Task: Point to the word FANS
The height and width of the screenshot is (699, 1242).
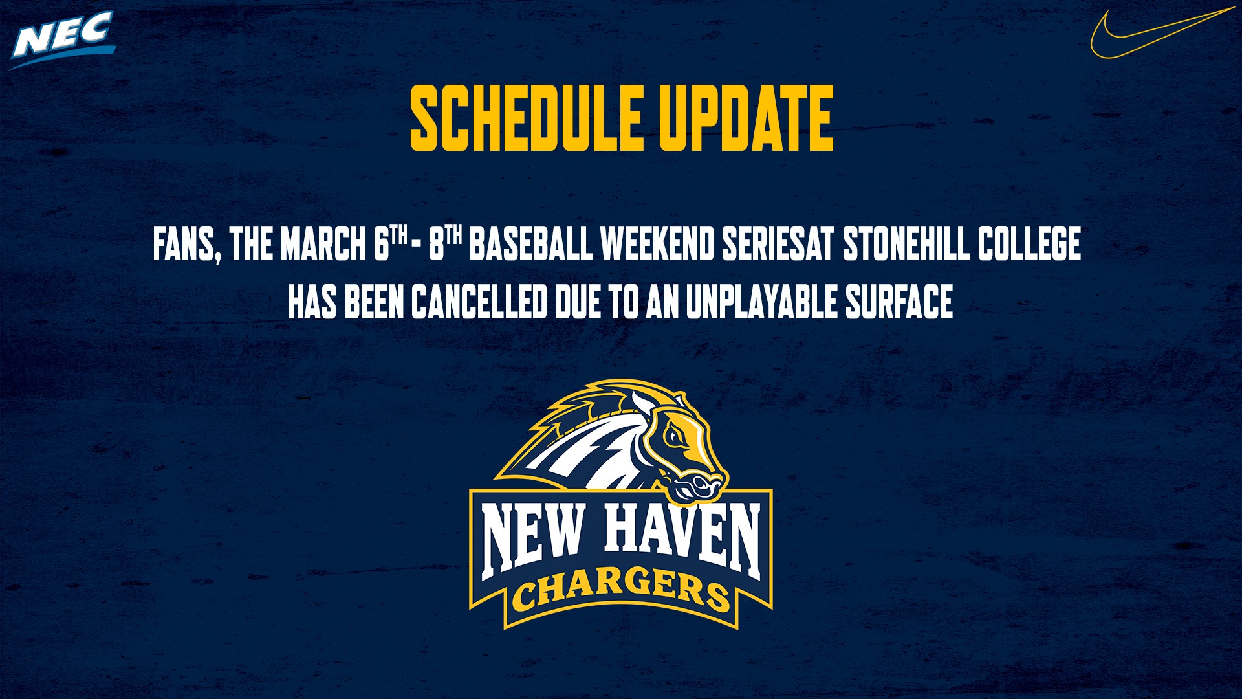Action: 184,244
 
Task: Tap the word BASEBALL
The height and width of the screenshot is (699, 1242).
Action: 530,244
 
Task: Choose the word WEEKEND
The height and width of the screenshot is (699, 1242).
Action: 657,244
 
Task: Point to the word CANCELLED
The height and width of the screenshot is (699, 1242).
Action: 479,302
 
